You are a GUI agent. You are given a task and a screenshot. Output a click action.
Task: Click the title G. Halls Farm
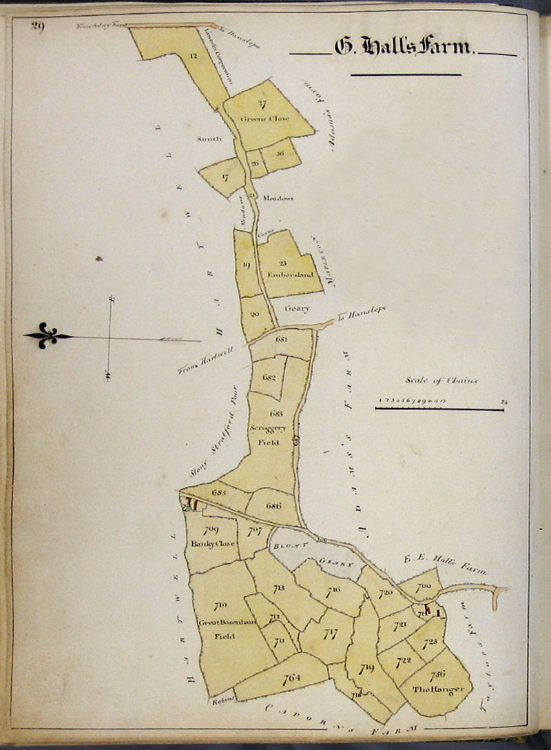click(x=404, y=48)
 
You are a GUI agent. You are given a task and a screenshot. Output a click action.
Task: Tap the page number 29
click(x=37, y=27)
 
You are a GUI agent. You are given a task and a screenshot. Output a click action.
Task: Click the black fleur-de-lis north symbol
click(x=47, y=336)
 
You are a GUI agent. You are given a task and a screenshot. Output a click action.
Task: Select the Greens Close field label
click(x=264, y=119)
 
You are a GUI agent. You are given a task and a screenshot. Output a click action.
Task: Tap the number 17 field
click(x=225, y=177)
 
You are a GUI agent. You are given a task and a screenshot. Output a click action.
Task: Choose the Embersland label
click(x=295, y=274)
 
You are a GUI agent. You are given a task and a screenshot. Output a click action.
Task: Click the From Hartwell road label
click(x=206, y=359)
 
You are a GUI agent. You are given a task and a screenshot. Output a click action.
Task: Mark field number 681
click(x=280, y=339)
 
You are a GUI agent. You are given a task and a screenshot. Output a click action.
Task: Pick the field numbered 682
click(x=269, y=378)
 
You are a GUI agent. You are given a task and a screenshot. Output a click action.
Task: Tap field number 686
click(x=273, y=505)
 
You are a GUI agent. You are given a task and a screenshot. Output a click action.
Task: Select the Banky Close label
click(x=214, y=543)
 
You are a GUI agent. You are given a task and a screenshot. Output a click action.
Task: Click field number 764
click(x=291, y=678)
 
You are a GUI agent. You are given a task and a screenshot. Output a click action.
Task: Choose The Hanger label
click(x=439, y=689)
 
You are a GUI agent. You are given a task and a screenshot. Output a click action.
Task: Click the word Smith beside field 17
click(x=209, y=139)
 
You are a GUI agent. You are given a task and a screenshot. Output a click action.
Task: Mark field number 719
click(x=366, y=667)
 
